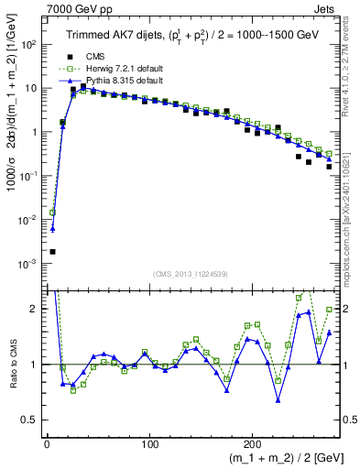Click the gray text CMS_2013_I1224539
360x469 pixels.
(x=191, y=275)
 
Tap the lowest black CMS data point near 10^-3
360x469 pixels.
(x=53, y=251)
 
